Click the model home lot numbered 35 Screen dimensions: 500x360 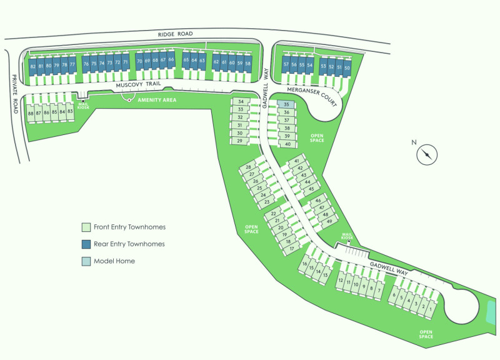pos(286,104)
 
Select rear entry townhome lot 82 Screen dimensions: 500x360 pos(32,67)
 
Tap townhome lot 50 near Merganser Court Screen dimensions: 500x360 pos(347,68)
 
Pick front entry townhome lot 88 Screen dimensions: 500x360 pos(31,113)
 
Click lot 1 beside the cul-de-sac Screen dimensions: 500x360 pos(431,309)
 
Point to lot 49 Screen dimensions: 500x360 pos(329,221)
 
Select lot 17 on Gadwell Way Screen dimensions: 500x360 pos(291,248)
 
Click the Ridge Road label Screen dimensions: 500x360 pos(176,34)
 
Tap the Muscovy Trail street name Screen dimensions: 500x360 pos(138,84)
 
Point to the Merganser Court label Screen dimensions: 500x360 pos(312,97)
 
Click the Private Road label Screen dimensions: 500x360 pos(14,94)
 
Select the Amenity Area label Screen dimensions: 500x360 pos(157,100)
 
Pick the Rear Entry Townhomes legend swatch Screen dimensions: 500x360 pos(86,244)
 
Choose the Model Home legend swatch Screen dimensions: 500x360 pos(86,261)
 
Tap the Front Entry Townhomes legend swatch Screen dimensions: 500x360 pos(86,227)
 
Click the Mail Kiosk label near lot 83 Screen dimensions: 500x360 pos(83,106)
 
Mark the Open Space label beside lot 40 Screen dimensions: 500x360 pos(317,138)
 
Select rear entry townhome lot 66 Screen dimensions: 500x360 pos(171,59)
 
